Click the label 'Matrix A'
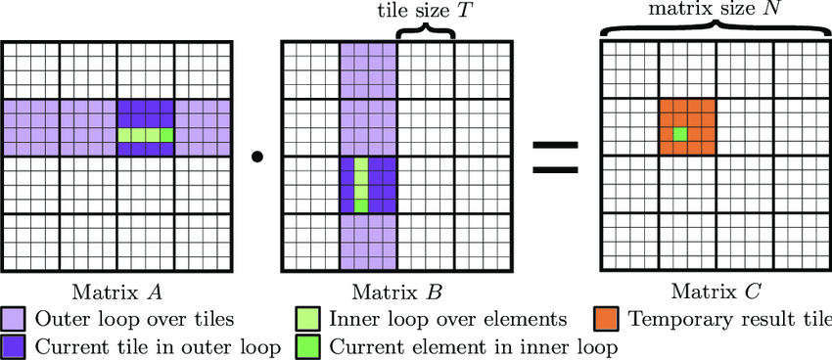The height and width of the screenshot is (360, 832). tap(116, 292)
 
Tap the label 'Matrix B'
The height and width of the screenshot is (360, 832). tap(396, 292)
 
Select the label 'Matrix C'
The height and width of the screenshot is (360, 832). tap(716, 292)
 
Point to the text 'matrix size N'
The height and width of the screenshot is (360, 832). tap(716, 9)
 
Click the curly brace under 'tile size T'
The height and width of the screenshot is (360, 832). tap(426, 32)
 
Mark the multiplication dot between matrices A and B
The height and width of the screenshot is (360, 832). tap(257, 157)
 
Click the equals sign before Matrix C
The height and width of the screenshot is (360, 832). tap(555, 157)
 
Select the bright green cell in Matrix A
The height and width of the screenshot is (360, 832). tap(166, 135)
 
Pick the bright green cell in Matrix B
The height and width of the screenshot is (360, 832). tap(361, 205)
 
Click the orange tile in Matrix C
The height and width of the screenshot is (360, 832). tap(688, 127)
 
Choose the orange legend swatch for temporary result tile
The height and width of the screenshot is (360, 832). tap(607, 320)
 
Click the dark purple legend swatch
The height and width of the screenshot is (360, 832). tap(12, 346)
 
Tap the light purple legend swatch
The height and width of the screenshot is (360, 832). tap(12, 320)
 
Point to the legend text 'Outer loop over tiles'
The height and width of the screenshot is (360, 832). tap(134, 320)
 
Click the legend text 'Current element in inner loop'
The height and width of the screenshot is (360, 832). tap(474, 347)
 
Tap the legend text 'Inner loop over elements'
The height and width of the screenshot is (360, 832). tap(448, 320)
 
